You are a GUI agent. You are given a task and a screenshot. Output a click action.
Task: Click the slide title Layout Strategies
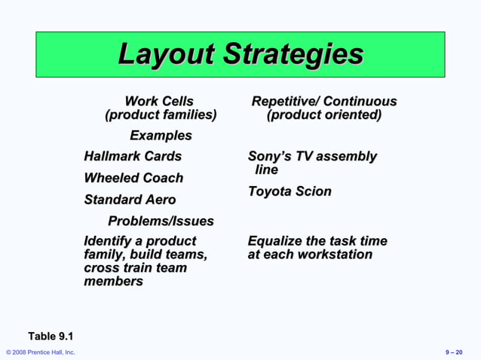(240, 54)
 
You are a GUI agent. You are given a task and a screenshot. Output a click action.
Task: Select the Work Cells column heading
(159, 101)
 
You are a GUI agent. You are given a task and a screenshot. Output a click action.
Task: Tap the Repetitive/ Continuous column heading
(323, 101)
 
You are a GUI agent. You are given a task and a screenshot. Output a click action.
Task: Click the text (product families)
(161, 115)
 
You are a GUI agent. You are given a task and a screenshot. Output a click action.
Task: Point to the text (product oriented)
(323, 115)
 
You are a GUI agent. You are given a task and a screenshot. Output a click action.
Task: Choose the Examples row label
(161, 136)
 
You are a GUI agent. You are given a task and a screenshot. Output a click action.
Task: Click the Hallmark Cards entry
(133, 157)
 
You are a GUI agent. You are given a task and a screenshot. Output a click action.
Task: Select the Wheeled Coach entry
(133, 178)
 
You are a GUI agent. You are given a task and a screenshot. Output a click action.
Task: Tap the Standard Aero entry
(130, 200)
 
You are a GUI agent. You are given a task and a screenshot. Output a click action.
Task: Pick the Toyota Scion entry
(290, 192)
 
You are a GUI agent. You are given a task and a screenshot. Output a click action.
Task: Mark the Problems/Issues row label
(161, 221)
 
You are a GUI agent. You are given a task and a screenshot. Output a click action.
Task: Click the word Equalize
(275, 242)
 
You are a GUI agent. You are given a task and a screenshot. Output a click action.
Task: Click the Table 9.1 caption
(51, 336)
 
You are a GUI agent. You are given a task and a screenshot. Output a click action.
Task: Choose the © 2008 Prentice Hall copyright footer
(40, 352)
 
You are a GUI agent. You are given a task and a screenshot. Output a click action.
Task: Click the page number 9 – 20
(454, 352)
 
